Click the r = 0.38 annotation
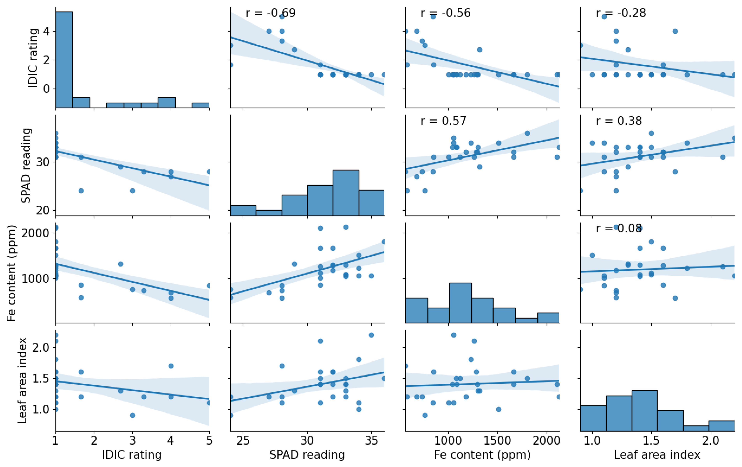click(x=619, y=121)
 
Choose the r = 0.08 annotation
click(x=619, y=228)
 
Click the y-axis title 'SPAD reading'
click(x=26, y=166)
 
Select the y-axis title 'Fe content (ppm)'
click(x=11, y=273)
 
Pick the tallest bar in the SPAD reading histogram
click(x=346, y=193)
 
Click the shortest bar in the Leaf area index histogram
click(x=696, y=428)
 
